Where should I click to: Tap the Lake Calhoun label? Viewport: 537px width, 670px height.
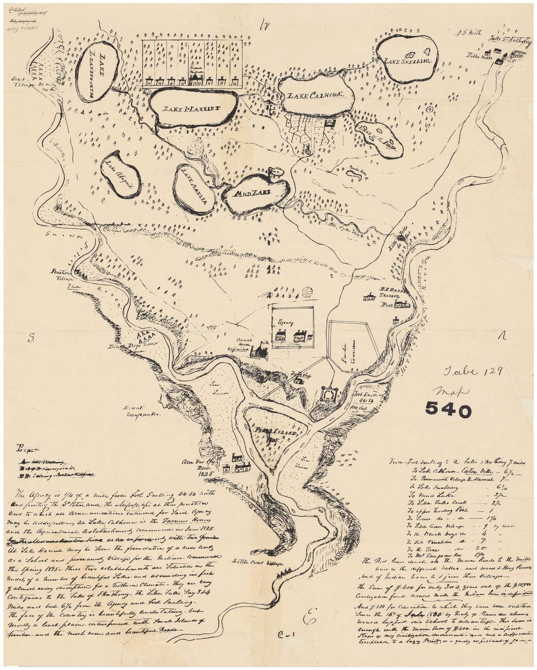tap(315, 96)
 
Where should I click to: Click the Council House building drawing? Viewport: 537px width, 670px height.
tap(259, 351)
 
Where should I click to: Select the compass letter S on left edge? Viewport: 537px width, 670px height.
tap(30, 339)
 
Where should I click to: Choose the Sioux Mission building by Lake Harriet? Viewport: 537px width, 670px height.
tap(196, 76)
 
